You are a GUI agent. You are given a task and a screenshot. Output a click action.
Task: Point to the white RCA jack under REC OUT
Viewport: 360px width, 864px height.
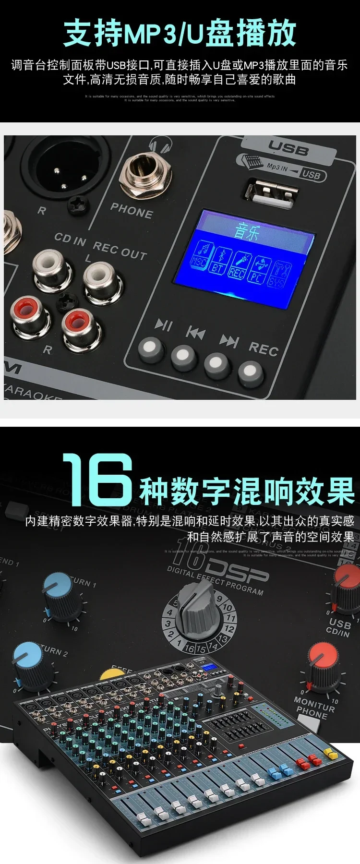point(102,282)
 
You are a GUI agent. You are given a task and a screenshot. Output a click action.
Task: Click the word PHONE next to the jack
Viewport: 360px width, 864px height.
point(132,210)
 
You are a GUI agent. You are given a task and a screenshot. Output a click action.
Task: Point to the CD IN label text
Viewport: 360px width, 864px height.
point(70,239)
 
